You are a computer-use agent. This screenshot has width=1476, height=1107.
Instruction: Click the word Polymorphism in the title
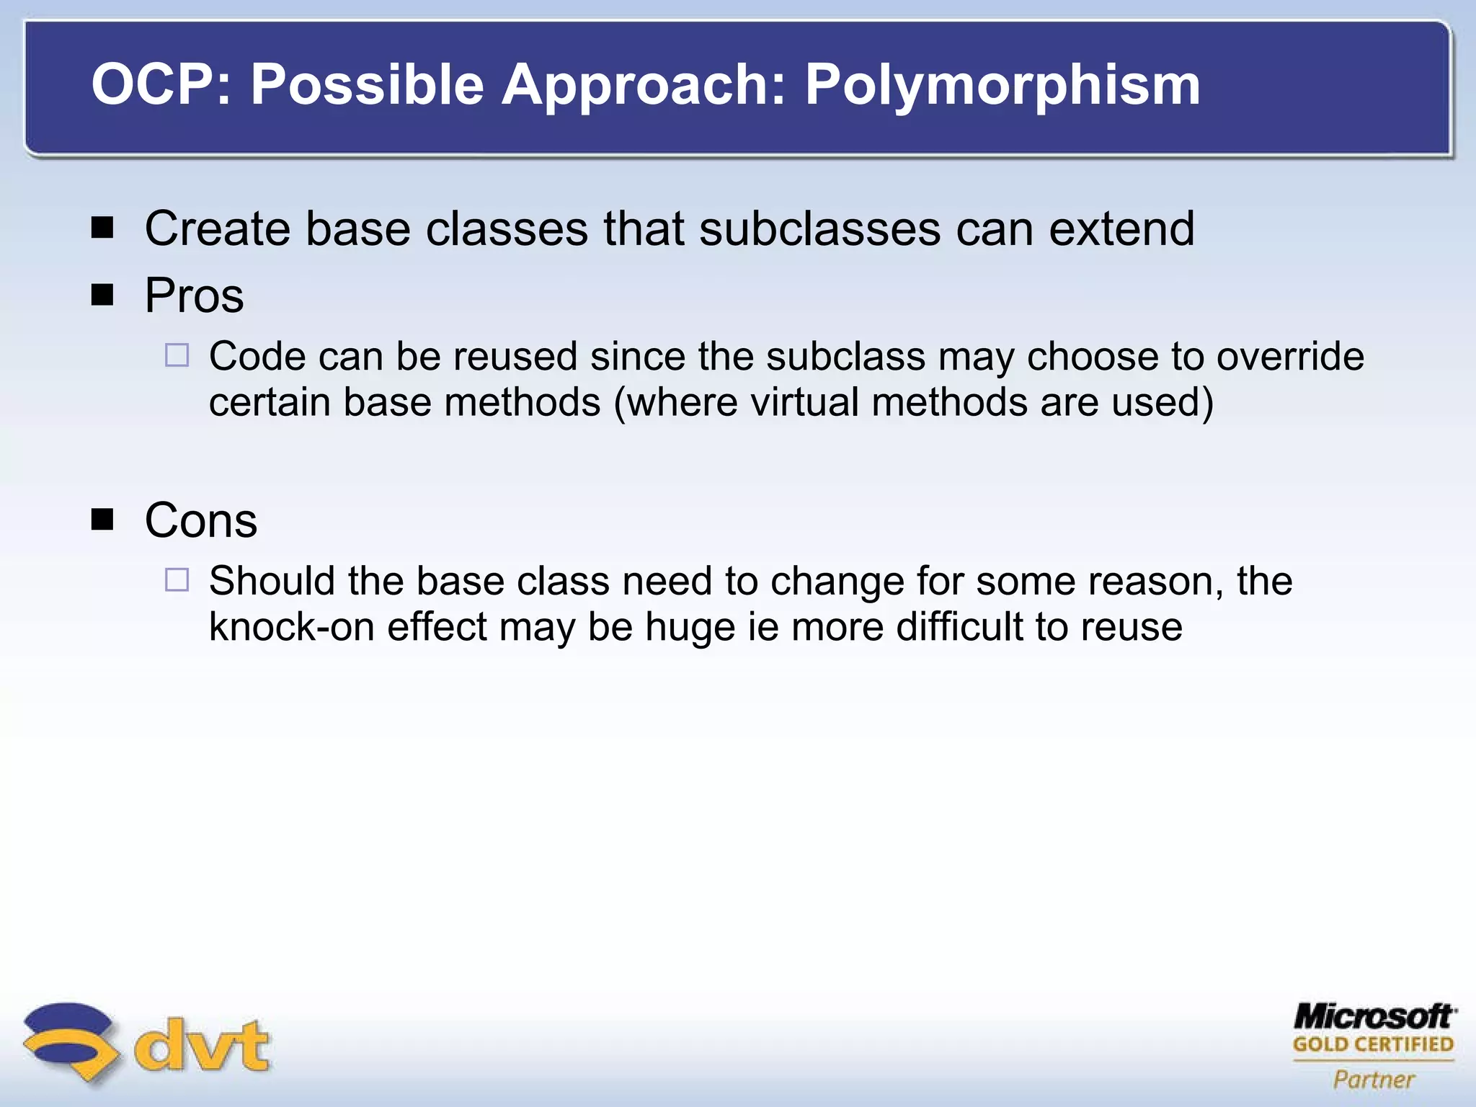coord(1002,85)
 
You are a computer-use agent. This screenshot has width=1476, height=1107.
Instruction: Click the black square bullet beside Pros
coord(103,295)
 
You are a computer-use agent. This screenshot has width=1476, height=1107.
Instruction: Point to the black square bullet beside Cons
coord(103,520)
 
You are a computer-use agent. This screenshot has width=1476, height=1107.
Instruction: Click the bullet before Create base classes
coord(103,228)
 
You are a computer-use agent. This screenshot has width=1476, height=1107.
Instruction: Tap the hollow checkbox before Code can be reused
coord(177,355)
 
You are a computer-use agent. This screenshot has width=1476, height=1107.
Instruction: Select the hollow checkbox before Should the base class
coord(177,580)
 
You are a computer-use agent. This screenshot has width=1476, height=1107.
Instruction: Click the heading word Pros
coord(194,295)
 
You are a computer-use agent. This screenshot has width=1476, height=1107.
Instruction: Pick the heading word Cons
coord(200,520)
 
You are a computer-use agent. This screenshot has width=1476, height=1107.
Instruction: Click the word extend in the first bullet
coord(1121,228)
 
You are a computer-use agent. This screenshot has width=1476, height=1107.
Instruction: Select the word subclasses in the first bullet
coord(819,228)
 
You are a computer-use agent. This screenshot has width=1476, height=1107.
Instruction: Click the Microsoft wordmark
coord(1374,1017)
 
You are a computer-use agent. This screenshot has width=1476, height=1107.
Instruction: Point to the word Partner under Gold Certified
coord(1374,1079)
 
